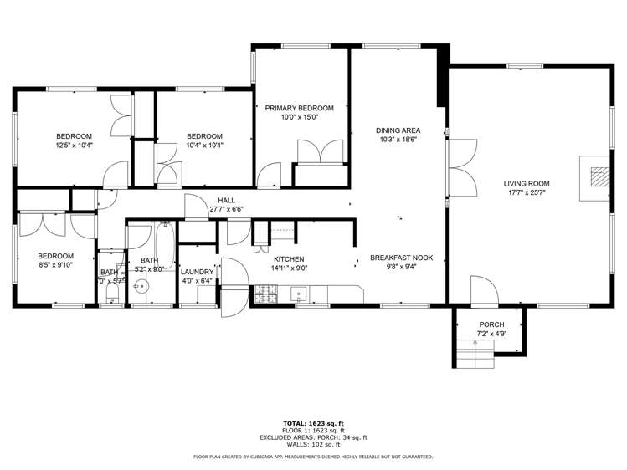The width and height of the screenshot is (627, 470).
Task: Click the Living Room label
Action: click(527, 183)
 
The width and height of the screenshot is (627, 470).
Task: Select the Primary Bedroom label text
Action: click(299, 108)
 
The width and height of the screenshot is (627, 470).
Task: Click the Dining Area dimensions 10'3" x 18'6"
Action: click(398, 140)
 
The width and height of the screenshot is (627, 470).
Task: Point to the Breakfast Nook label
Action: click(401, 258)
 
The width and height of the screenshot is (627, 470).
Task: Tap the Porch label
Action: click(491, 324)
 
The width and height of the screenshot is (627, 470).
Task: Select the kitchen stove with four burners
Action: click(265, 293)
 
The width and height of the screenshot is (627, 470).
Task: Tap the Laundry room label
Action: click(198, 272)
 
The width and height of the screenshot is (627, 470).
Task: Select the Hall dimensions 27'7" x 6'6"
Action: click(226, 209)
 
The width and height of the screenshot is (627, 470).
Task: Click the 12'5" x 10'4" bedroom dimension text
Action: click(74, 146)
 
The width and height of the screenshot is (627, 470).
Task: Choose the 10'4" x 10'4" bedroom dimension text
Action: click(204, 146)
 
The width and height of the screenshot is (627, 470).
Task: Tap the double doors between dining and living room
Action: click(459, 166)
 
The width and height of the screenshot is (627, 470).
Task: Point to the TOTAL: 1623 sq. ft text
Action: click(313, 423)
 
